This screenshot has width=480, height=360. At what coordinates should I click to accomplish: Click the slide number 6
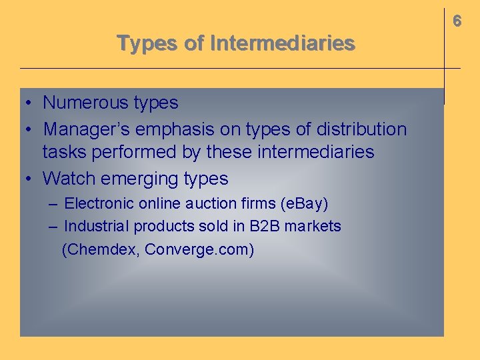[457, 21]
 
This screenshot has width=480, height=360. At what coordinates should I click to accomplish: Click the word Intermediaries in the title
[282, 43]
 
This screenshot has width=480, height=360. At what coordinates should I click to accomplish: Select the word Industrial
[96, 226]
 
